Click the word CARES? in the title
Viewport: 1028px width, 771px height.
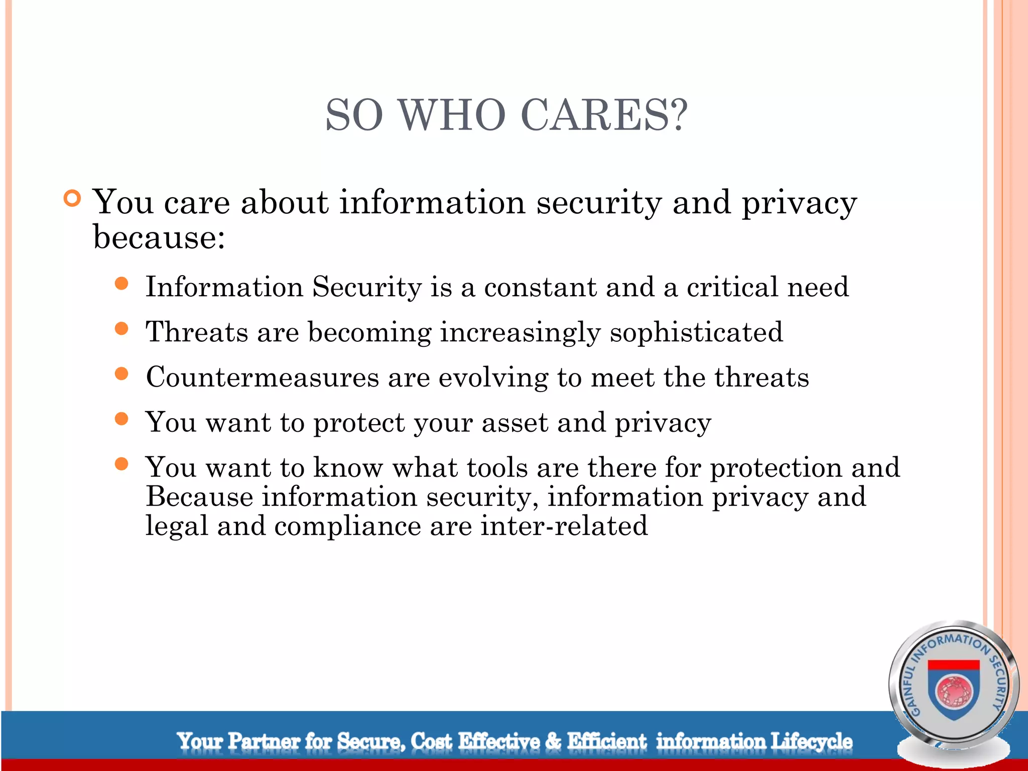pos(604,115)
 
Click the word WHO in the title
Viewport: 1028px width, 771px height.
pos(452,115)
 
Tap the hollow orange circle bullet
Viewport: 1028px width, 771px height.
pos(73,199)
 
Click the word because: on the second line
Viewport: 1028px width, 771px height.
pos(159,237)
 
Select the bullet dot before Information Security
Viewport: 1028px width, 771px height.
pos(121,284)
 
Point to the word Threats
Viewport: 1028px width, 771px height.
pos(197,332)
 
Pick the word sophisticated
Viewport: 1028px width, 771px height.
pos(696,333)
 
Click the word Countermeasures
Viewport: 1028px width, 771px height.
pos(262,377)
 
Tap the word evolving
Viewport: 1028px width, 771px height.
pos(493,378)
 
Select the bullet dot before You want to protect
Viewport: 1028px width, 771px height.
pos(121,419)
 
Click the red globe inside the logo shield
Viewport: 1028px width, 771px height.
pos(954,691)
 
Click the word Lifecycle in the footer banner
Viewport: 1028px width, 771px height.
pos(811,741)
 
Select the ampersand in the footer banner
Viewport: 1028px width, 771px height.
pos(553,741)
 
